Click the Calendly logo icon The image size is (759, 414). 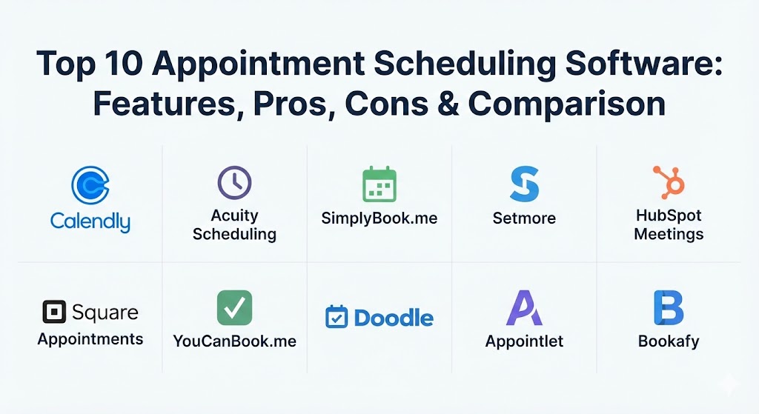tap(90, 184)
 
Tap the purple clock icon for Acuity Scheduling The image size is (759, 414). tap(234, 182)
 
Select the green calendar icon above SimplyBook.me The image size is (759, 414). tap(379, 184)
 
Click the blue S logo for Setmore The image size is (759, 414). tap(524, 184)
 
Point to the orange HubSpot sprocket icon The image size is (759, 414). tap(669, 182)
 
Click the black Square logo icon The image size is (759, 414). tap(54, 313)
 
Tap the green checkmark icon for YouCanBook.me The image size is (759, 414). tap(234, 307)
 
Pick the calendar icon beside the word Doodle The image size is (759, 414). tap(337, 317)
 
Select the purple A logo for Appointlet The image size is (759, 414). tap(524, 308)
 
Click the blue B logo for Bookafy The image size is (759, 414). tap(669, 308)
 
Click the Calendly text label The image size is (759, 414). tap(90, 221)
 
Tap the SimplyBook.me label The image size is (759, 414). tap(379, 218)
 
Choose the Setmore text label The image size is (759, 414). tap(524, 218)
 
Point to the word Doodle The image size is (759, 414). tap(394, 318)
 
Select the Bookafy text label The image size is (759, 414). tap(669, 341)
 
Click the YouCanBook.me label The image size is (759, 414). tap(234, 341)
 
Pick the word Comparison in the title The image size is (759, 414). tap(567, 103)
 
